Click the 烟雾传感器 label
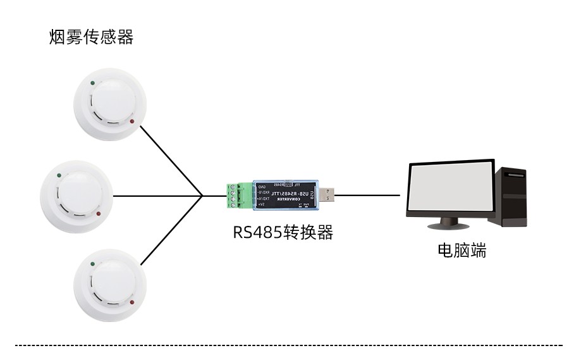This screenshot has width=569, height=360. pos(92,37)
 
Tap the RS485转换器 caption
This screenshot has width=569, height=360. pos(283,232)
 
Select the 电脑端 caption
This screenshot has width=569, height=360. pos(462,251)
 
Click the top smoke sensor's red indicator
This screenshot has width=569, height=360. pos(132,121)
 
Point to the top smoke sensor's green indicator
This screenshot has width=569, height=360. pos(93,82)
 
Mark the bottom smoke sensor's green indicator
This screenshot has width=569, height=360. pos(93,261)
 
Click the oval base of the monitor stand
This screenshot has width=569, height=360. pos(449,226)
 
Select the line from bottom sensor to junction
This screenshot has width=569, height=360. pos(171,230)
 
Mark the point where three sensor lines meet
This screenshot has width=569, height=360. pos(202,196)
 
